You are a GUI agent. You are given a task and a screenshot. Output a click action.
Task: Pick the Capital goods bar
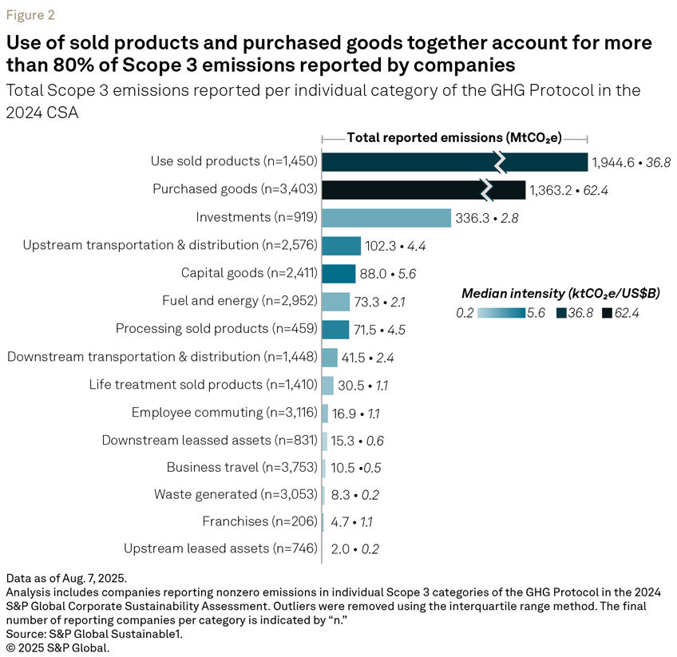338,273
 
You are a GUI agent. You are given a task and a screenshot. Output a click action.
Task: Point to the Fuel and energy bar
336,301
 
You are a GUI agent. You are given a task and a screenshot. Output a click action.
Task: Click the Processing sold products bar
335,329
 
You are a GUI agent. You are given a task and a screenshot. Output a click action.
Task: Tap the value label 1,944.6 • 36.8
631,162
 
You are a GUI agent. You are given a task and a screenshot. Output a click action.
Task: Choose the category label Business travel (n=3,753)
242,468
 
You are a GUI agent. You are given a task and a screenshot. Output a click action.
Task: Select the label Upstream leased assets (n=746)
220,548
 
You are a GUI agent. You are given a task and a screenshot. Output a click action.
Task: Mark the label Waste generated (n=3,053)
236,495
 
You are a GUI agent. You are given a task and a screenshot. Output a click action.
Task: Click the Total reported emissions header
454,137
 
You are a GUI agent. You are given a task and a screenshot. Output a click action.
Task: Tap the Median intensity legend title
558,292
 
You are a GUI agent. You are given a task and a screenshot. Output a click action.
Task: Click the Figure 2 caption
31,15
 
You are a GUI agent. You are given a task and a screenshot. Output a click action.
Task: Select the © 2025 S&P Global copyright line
57,647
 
